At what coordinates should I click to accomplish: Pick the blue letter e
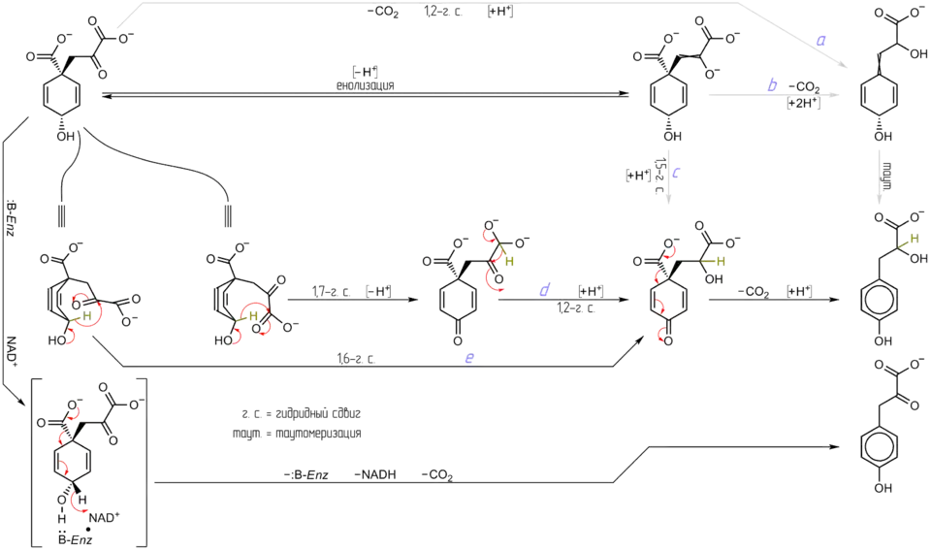469,359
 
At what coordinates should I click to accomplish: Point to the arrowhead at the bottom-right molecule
835,445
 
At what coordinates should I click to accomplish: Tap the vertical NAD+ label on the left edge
11,349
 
